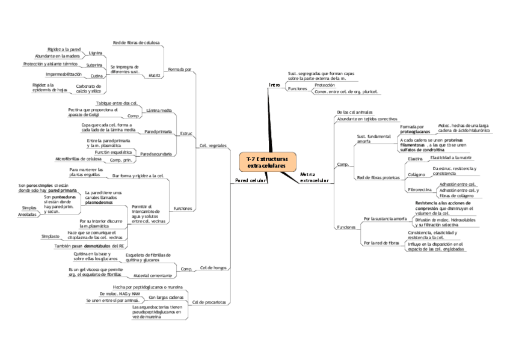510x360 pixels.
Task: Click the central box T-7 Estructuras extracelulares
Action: [x=268, y=161]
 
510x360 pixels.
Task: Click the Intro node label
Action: [x=274, y=85]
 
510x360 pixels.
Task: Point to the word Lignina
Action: [x=95, y=53]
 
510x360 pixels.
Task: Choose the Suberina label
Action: [x=94, y=64]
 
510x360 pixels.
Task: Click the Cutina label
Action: [x=96, y=76]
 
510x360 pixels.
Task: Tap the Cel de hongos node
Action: [x=213, y=267]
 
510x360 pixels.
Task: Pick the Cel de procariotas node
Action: [x=210, y=302]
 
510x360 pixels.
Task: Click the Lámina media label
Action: [x=159, y=111]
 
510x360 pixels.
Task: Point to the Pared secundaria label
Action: [x=156, y=154]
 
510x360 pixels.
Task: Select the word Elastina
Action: [x=416, y=159]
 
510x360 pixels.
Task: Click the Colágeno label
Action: [x=417, y=174]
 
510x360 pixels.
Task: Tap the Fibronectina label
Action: [x=419, y=189]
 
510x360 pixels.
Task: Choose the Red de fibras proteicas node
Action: [x=378, y=178]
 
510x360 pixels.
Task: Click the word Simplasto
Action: [x=50, y=237]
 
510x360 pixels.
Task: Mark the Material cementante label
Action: [x=152, y=275]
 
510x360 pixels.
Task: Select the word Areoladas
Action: [x=27, y=214]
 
